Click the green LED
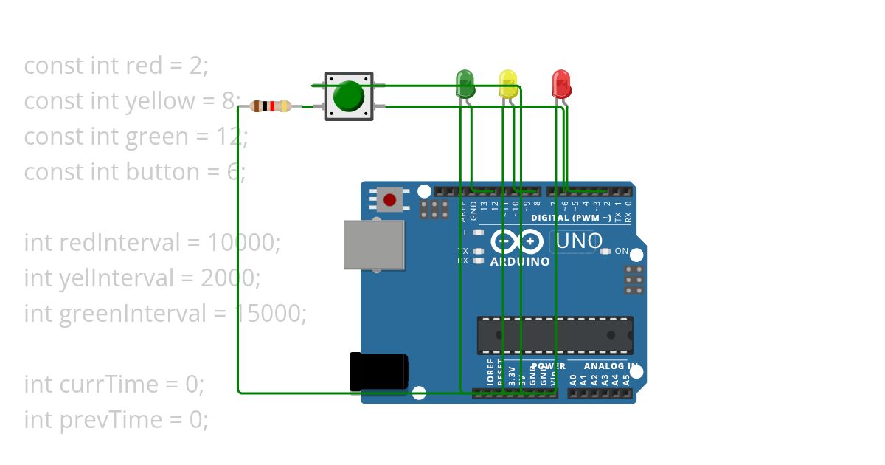coord(465,82)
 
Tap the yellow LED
coord(507,83)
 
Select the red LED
coord(561,83)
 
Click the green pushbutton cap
coord(348,96)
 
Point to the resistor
coord(271,106)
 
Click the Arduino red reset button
coord(389,199)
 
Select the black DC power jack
coord(378,372)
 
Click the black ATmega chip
coord(555,335)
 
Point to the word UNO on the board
coord(579,241)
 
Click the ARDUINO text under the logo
coord(520,261)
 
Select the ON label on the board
coord(621,252)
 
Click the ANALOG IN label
coord(611,366)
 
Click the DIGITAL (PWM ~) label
coord(571,218)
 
